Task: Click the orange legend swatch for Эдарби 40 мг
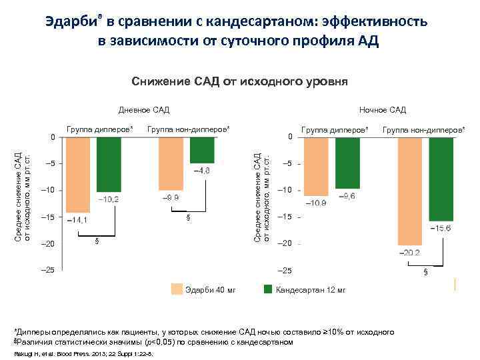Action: point(177,289)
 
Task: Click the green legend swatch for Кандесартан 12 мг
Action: point(268,289)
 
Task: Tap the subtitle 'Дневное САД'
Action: point(143,109)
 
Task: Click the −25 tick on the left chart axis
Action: point(48,271)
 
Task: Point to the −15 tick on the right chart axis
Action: point(286,217)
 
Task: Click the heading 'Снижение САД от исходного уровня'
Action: point(240,81)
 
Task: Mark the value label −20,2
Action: point(409,253)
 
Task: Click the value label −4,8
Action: point(201,171)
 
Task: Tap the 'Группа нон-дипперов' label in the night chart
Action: point(424,127)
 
